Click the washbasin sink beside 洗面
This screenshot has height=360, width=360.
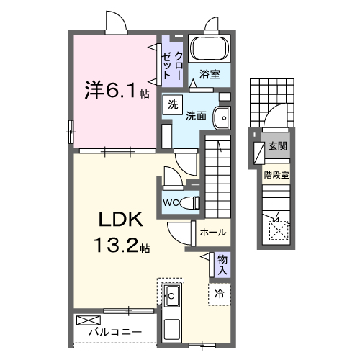click(x=222, y=117)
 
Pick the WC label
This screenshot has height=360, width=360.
click(x=171, y=202)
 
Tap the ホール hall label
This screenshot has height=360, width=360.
click(x=213, y=232)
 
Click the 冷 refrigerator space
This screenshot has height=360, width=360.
click(x=220, y=293)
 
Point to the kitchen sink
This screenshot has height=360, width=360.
click(x=173, y=294)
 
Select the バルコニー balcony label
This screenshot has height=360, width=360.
click(x=115, y=333)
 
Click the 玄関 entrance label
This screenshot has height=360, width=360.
click(x=277, y=146)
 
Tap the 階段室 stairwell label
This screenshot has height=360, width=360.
click(x=276, y=174)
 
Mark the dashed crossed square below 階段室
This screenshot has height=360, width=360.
click(x=277, y=230)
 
